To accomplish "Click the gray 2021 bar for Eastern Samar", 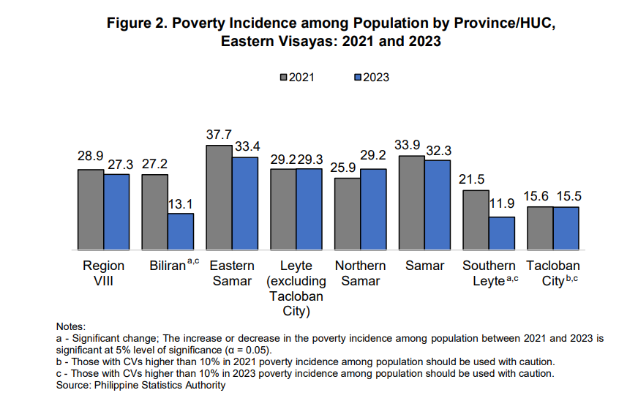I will click(x=219, y=198).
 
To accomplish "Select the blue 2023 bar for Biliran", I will click(x=181, y=231).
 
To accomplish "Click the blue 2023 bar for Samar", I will click(x=438, y=205).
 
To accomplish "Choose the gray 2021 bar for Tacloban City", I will click(x=540, y=228).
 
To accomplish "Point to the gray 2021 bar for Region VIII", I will click(x=91, y=209).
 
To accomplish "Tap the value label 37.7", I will click(x=219, y=135).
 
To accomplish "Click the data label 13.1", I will click(x=181, y=204).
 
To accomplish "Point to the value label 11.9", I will click(x=502, y=207).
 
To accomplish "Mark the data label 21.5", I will click(x=476, y=180).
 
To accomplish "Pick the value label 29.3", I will click(x=310, y=159).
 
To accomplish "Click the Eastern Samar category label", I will click(x=231, y=273).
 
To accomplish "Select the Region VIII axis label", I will click(x=103, y=273).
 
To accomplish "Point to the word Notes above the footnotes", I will click(x=71, y=326).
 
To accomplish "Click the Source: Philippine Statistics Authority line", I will click(x=140, y=386).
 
